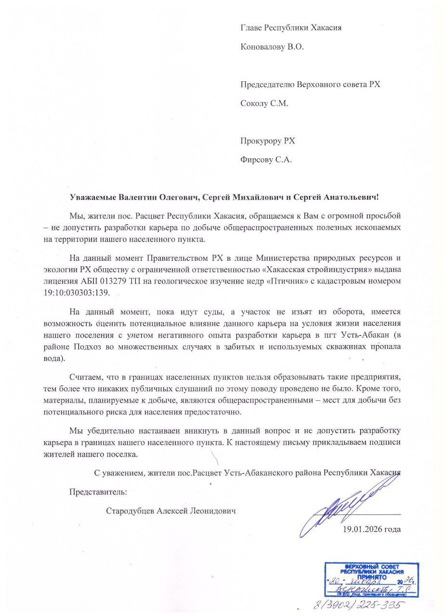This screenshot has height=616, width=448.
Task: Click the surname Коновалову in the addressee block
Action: (263, 47)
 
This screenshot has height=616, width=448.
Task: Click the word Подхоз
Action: (116, 347)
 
